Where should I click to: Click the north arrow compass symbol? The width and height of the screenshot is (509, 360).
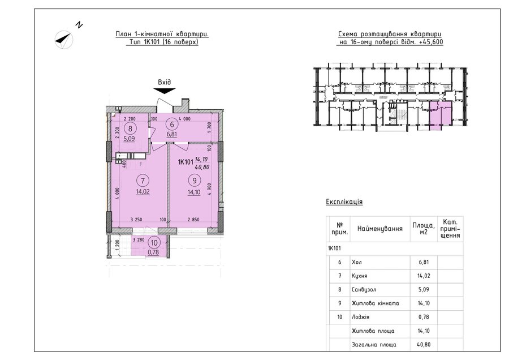click(64, 40)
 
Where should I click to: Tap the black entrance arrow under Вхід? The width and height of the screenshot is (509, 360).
click(165, 91)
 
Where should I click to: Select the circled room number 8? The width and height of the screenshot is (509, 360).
click(131, 128)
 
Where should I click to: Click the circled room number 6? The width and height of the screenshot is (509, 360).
click(172, 125)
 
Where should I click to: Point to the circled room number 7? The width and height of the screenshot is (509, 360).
click(143, 181)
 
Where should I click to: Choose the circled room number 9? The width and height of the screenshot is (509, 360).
click(194, 181)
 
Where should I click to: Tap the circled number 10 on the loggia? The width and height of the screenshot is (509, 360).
click(154, 242)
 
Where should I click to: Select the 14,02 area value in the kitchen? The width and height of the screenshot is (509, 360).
click(143, 192)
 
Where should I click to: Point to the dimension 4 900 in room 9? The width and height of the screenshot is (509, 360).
click(209, 188)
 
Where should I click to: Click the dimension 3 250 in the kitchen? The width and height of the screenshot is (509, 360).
click(136, 220)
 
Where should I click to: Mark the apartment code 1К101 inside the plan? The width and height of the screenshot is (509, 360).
click(186, 162)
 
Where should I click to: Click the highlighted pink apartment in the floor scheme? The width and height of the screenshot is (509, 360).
click(441, 115)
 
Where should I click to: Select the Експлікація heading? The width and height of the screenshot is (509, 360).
click(344, 202)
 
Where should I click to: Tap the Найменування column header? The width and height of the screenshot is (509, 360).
click(380, 229)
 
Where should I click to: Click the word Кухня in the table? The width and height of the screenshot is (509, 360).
click(359, 276)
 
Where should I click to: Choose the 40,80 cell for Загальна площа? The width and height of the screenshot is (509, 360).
click(424, 344)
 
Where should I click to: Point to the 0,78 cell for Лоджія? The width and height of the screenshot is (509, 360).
click(424, 317)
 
